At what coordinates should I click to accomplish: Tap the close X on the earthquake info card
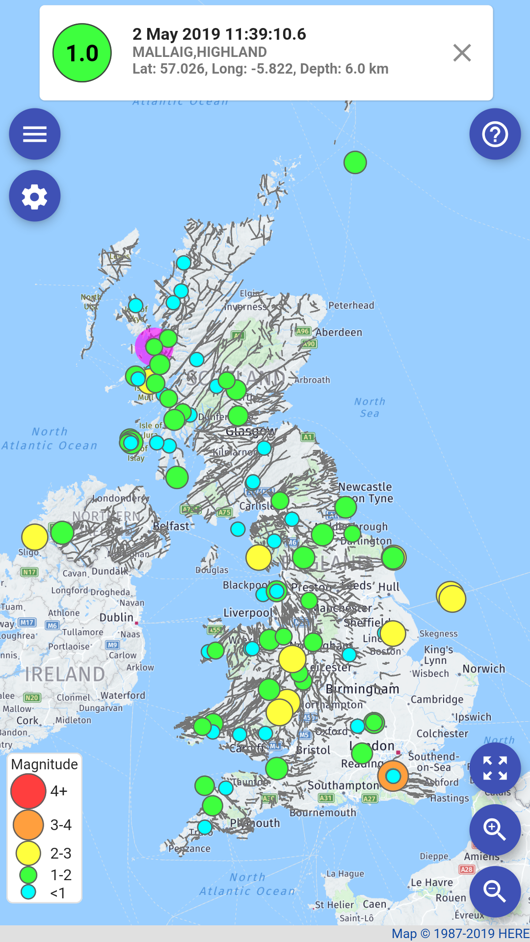[x=462, y=53]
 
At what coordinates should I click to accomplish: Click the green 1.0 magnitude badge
[x=82, y=53]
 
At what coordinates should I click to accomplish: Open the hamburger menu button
[x=35, y=134]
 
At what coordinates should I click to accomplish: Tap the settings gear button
[x=35, y=196]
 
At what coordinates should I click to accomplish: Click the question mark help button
[x=495, y=134]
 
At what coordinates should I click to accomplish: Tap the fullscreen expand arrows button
[x=495, y=768]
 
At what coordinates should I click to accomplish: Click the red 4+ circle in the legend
[x=28, y=791]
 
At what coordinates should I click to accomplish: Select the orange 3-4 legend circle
[x=28, y=825]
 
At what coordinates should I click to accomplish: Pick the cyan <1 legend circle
[x=28, y=892]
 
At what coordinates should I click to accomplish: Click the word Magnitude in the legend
[x=44, y=764]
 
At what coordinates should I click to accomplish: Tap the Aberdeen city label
[x=339, y=332]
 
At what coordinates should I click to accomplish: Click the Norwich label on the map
[x=483, y=669]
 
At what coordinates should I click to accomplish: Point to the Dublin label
[x=116, y=617]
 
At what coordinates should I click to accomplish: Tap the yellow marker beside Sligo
[x=34, y=537]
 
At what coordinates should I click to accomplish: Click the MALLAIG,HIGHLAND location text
[x=199, y=52]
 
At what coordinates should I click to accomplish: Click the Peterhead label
[x=351, y=305]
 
